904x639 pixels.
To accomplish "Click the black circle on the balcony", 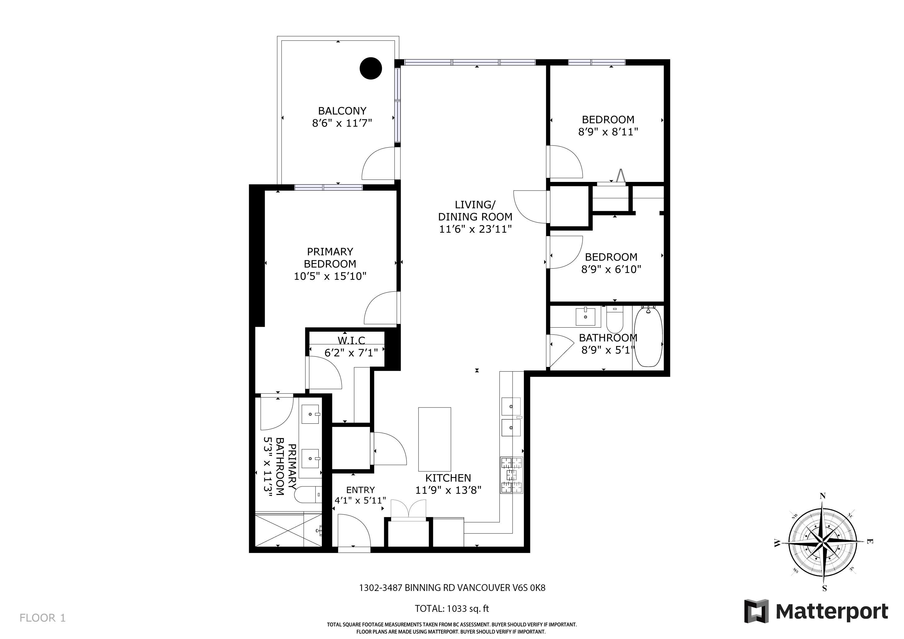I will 371,68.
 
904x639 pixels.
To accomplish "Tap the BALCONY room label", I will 342,111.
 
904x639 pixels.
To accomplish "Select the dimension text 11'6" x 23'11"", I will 475,229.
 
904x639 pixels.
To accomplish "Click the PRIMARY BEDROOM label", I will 330,257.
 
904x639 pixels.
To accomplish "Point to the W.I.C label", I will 351,340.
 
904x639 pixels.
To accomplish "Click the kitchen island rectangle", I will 434,439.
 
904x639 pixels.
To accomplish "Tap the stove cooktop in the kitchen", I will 511,475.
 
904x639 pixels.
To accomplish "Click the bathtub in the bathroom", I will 648,337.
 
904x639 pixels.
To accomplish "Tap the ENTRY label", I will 360,490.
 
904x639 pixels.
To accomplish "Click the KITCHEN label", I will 448,478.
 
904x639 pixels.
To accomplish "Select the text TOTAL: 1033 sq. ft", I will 452,608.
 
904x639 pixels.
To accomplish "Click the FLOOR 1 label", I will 42,618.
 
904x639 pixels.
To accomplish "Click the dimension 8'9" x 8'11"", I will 607,132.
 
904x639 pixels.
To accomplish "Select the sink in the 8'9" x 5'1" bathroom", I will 586,317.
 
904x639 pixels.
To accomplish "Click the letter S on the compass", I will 824,589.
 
